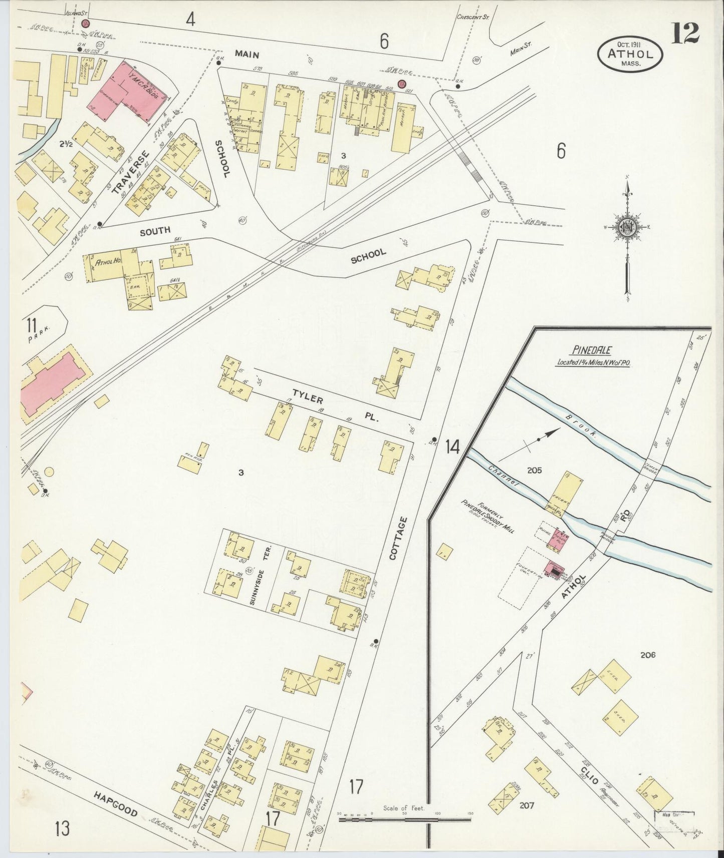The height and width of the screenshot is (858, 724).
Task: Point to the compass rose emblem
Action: tap(627, 228)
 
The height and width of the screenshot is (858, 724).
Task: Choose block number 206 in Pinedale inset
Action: tap(647, 655)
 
